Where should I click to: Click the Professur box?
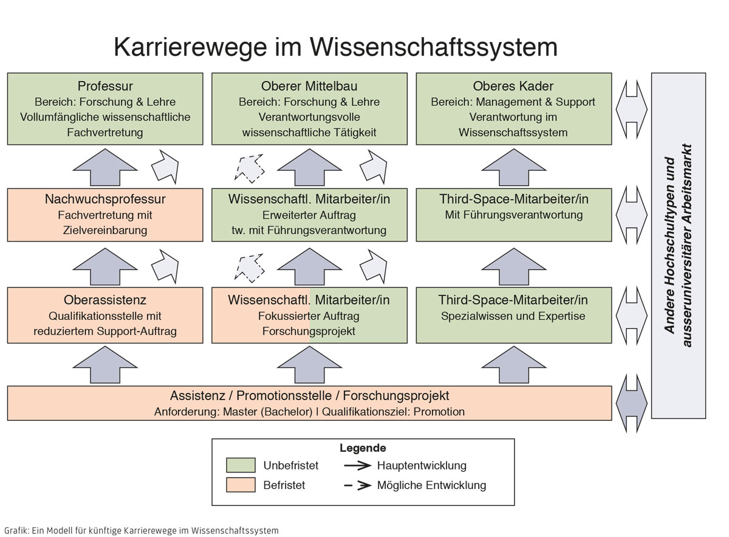[105, 109]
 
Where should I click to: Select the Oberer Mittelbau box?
[309, 109]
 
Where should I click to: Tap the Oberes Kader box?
[513, 109]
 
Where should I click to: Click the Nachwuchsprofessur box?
[105, 214]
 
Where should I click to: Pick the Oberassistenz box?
[105, 315]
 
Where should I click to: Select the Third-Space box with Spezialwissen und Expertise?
[513, 315]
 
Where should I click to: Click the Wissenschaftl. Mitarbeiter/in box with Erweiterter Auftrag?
[309, 214]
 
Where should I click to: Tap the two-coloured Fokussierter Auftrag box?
[309, 315]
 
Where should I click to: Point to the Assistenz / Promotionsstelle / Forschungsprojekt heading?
[309, 395]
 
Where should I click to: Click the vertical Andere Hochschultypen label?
[678, 246]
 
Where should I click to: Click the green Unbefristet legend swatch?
[241, 465]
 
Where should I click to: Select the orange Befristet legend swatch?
[241, 485]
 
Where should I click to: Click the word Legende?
[363, 448]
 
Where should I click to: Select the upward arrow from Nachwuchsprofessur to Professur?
[105, 166]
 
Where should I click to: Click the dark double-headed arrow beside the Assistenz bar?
[631, 403]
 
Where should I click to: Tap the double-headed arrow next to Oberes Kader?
[631, 109]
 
